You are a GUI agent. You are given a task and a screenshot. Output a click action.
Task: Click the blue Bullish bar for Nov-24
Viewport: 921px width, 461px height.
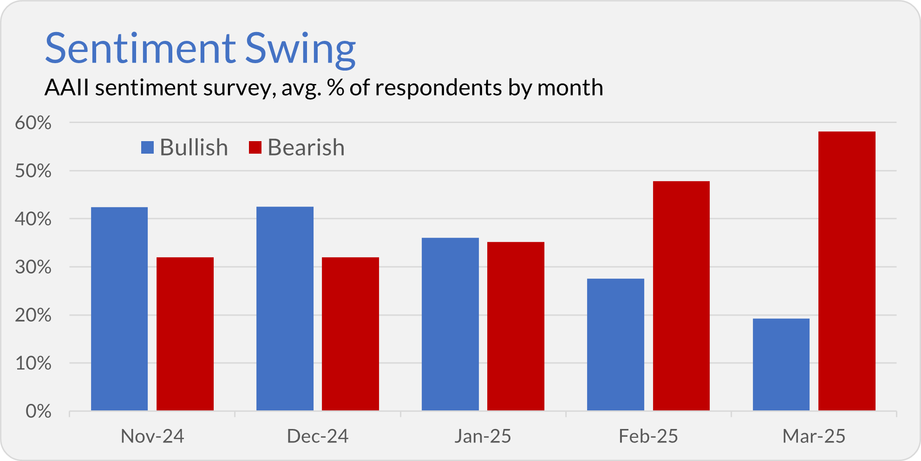(119, 309)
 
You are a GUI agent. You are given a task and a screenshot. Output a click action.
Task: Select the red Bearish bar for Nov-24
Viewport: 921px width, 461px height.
(185, 334)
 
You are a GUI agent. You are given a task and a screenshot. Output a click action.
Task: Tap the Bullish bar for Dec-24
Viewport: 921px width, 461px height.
(285, 309)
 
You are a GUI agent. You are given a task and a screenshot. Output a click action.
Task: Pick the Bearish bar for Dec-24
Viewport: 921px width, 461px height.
(350, 334)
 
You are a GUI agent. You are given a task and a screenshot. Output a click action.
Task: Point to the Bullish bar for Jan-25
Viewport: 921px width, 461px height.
(450, 324)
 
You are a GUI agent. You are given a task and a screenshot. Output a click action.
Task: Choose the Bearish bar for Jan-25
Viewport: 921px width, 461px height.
(516, 326)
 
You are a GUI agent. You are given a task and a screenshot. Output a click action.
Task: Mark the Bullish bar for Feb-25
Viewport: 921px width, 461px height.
(615, 344)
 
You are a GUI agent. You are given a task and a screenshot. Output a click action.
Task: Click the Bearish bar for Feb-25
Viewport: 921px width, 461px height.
(681, 296)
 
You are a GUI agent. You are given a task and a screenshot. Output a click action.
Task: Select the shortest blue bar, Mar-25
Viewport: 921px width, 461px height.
(781, 364)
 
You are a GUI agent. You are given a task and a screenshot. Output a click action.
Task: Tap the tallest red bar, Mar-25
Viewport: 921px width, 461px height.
(847, 271)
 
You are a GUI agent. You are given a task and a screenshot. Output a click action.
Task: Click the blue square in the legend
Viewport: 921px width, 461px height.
(147, 148)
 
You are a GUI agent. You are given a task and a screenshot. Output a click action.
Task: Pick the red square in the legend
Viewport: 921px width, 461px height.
(255, 148)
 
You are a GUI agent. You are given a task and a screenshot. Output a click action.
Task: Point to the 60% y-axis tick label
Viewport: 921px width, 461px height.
(33, 123)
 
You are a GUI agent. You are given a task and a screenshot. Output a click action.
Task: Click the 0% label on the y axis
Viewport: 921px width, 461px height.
(39, 411)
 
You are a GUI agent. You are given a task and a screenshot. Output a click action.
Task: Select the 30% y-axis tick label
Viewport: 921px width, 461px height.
(33, 267)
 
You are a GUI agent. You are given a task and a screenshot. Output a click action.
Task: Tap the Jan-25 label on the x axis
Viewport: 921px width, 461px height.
(483, 436)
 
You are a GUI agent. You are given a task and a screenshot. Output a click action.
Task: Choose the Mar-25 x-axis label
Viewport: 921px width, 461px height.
(814, 436)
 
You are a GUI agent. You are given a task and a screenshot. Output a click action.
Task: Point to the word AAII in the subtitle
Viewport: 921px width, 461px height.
(67, 88)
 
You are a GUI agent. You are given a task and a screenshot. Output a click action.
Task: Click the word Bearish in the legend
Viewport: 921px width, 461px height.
(306, 148)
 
